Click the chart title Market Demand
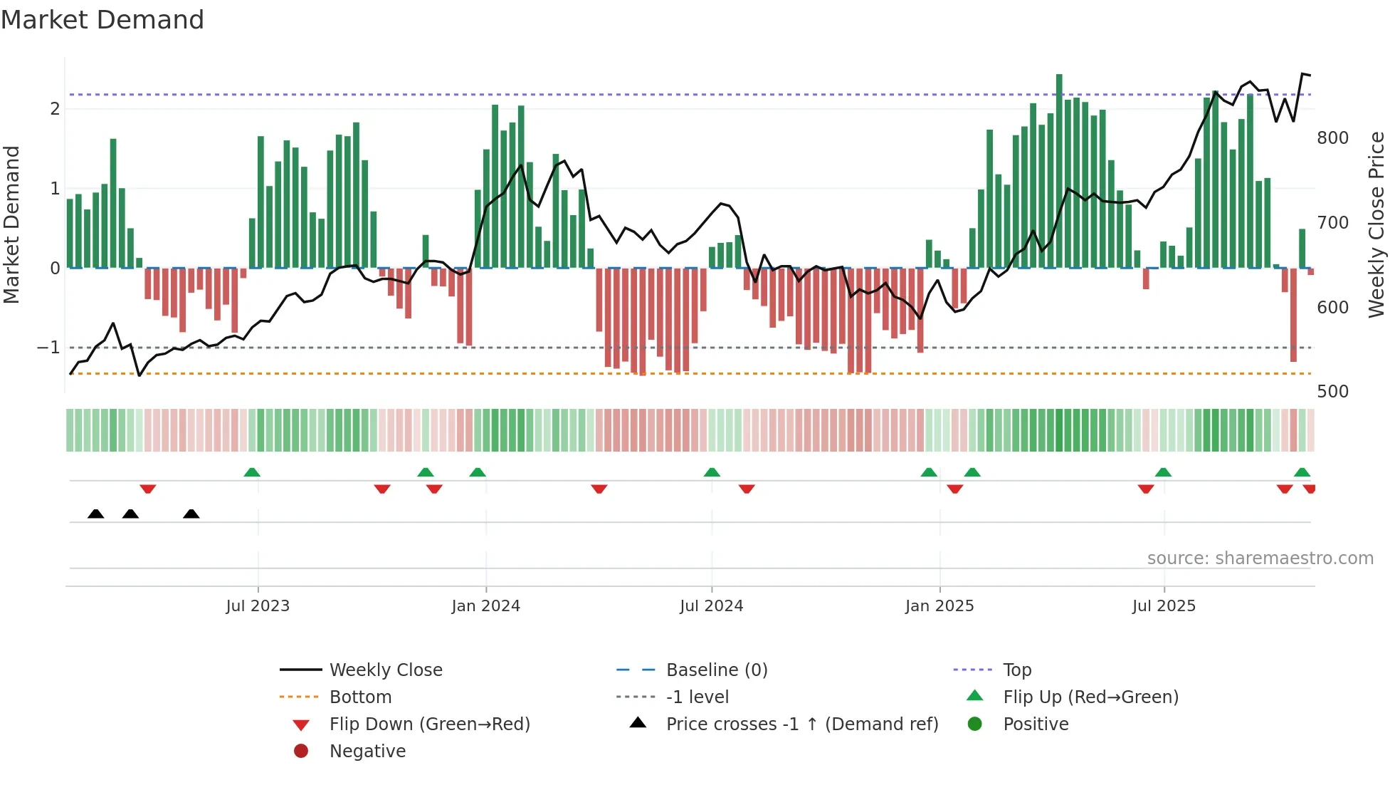click(102, 20)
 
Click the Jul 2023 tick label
click(258, 606)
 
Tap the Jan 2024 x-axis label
click(485, 606)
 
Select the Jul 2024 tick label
click(711, 606)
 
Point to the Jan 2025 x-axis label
click(939, 606)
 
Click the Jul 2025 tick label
click(1164, 606)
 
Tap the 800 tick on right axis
click(1332, 138)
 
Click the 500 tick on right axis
click(1332, 392)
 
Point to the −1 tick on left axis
click(48, 348)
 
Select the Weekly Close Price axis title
click(1376, 224)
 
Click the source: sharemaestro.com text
click(1260, 558)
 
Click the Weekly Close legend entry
click(386, 670)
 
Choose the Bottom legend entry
click(360, 697)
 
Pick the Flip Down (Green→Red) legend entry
click(429, 724)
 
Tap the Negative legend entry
click(367, 752)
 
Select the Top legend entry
click(1017, 670)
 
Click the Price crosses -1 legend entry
click(802, 724)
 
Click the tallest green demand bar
click(1059, 171)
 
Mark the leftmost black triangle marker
click(95, 514)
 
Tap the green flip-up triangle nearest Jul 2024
click(712, 472)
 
